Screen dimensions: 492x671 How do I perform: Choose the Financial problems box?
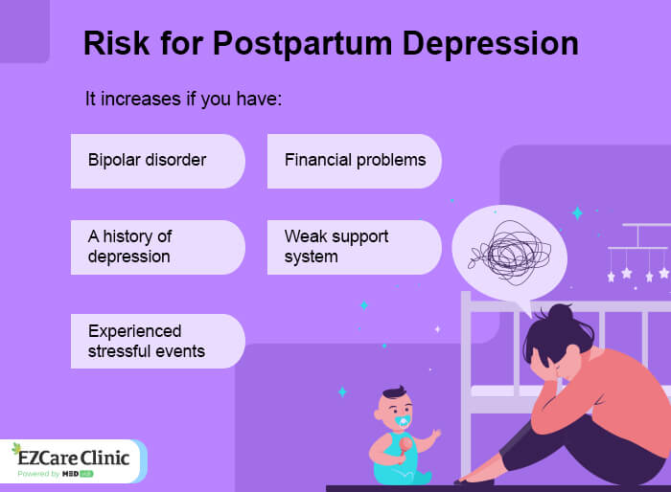355,160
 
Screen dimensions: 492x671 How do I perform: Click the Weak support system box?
355,247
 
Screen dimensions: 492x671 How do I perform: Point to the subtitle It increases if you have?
183,100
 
